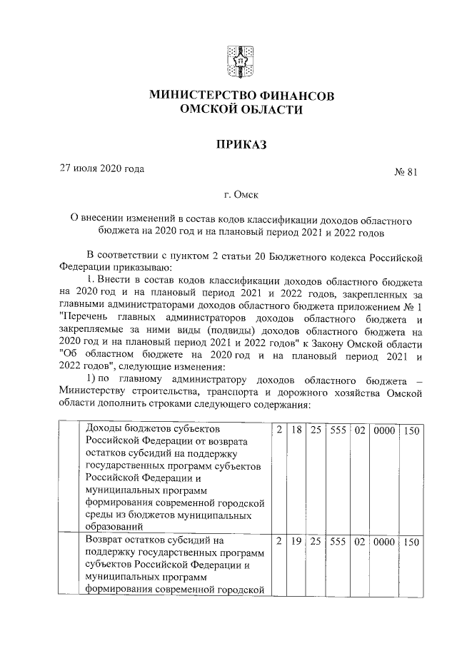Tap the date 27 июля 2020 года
pyautogui.click(x=101, y=169)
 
